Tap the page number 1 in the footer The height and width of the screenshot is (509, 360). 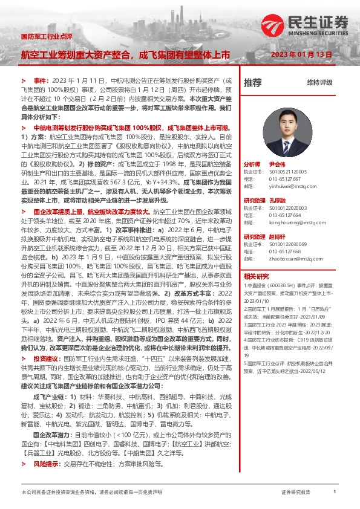point(335,493)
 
